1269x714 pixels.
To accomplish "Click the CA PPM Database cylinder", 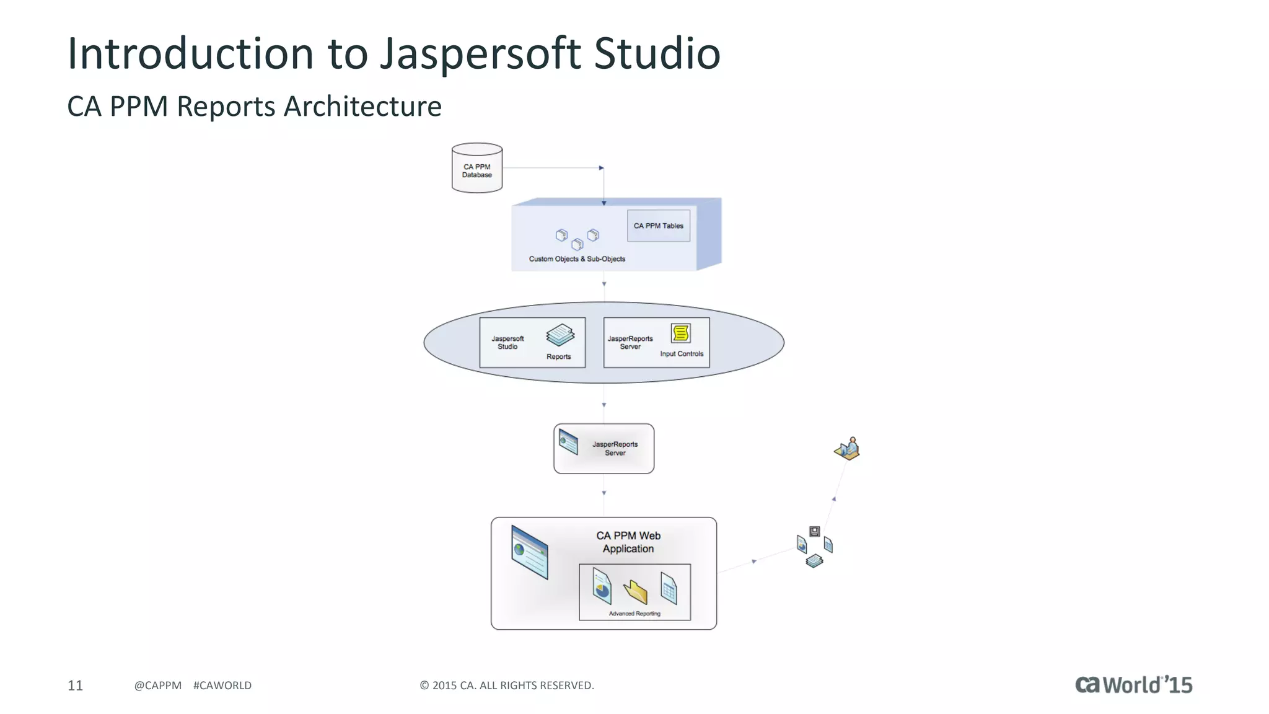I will (x=476, y=168).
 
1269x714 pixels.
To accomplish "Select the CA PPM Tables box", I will (x=658, y=226).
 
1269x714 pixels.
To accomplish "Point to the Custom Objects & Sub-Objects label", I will (x=577, y=259).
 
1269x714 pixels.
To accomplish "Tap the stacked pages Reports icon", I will (x=560, y=335).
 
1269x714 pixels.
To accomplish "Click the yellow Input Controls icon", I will (x=680, y=333).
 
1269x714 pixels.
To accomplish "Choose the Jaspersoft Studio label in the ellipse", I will (x=507, y=343).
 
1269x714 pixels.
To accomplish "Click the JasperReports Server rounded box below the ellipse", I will (x=604, y=449).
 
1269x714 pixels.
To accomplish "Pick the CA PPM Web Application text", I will (x=628, y=542).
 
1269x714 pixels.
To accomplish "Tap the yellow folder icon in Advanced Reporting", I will (x=635, y=591).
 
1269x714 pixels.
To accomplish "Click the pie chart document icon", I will (x=602, y=586).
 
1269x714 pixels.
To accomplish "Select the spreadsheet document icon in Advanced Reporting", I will (x=669, y=588).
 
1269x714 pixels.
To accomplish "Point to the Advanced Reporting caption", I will (x=634, y=614).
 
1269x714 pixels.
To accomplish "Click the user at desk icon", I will (x=848, y=448).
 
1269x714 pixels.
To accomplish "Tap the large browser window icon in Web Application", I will (x=530, y=552).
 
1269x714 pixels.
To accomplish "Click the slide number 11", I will (x=75, y=685).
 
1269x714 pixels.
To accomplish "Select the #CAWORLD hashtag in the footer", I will (x=222, y=685).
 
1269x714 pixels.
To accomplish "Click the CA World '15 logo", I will (x=1133, y=684).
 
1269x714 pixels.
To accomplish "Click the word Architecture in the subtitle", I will (x=362, y=107).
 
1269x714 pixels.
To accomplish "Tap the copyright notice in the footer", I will (x=507, y=685).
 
